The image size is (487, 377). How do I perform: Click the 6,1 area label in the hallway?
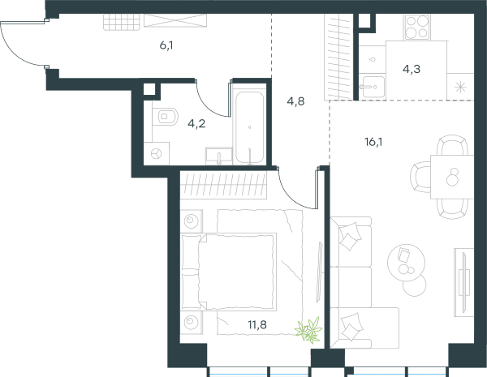pyautogui.click(x=166, y=46)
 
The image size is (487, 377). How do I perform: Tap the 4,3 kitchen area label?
pyautogui.click(x=412, y=69)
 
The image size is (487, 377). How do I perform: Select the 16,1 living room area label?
pyautogui.click(x=373, y=142)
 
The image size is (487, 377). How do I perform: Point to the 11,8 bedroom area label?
pyautogui.click(x=257, y=325)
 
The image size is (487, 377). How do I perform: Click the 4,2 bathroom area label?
pyautogui.click(x=196, y=124)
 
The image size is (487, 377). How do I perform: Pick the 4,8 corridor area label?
pyautogui.click(x=295, y=101)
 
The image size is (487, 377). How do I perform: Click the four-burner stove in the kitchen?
pyautogui.click(x=417, y=28)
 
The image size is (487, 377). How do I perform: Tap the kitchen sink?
pyautogui.click(x=373, y=87)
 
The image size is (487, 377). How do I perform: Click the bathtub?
pyautogui.click(x=250, y=128)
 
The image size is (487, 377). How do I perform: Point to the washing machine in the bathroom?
pyautogui.click(x=157, y=153)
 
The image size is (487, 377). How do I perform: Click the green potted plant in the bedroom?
pyautogui.click(x=308, y=329)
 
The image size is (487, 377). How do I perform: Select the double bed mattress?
pyautogui.click(x=237, y=272)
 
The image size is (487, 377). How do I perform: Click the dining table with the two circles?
pyautogui.click(x=452, y=177)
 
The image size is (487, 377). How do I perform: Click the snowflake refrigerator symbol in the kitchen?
pyautogui.click(x=460, y=88)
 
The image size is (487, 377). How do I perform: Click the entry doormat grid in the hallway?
pyautogui.click(x=122, y=23)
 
